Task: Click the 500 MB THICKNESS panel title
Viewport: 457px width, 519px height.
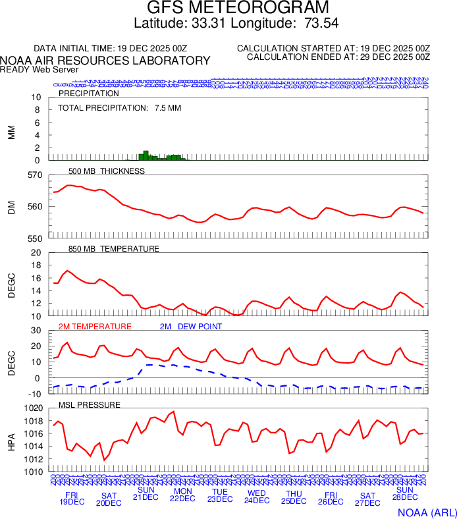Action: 106,171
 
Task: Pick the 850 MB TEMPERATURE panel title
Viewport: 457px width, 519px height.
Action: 114,249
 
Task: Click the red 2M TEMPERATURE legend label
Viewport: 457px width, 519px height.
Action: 95,327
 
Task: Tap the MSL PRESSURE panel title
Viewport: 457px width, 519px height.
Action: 90,404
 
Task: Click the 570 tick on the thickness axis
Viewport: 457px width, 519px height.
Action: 34,175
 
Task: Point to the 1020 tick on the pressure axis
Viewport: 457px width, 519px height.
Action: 32,408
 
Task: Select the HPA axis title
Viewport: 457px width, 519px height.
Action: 11,440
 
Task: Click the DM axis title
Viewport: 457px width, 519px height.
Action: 11,207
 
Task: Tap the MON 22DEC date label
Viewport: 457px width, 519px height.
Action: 182,495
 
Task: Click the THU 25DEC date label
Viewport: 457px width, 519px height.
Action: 294,497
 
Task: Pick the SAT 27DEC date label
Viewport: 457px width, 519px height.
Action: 367,499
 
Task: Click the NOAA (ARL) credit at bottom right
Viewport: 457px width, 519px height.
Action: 427,511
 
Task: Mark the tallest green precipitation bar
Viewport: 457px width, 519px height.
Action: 146,155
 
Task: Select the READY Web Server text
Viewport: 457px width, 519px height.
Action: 40,70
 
